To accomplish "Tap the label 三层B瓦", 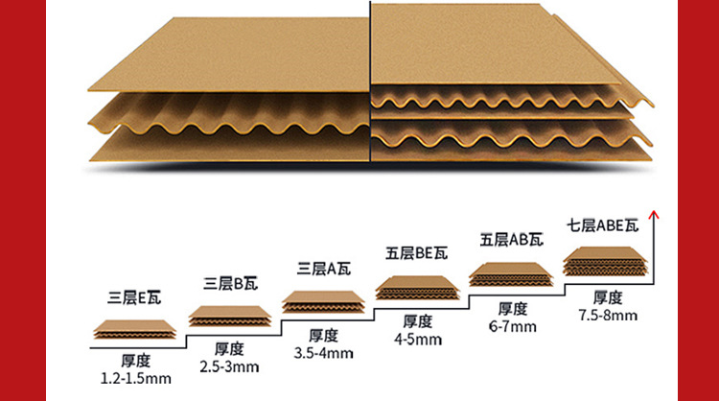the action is click(231, 283).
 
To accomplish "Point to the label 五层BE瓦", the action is click(417, 254).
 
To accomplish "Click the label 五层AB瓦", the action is click(511, 239).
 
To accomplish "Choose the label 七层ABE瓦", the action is click(603, 226).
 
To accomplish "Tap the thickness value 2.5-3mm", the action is click(231, 366).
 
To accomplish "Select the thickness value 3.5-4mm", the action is click(324, 353).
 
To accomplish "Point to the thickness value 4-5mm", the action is click(417, 339).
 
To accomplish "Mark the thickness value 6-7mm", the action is click(512, 326).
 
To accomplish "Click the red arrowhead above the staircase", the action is click(654, 216).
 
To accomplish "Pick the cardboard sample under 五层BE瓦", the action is click(417, 288).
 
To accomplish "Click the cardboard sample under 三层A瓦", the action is click(324, 302).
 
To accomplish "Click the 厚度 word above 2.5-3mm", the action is click(231, 349).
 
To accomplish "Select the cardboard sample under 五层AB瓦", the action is click(511, 274).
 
